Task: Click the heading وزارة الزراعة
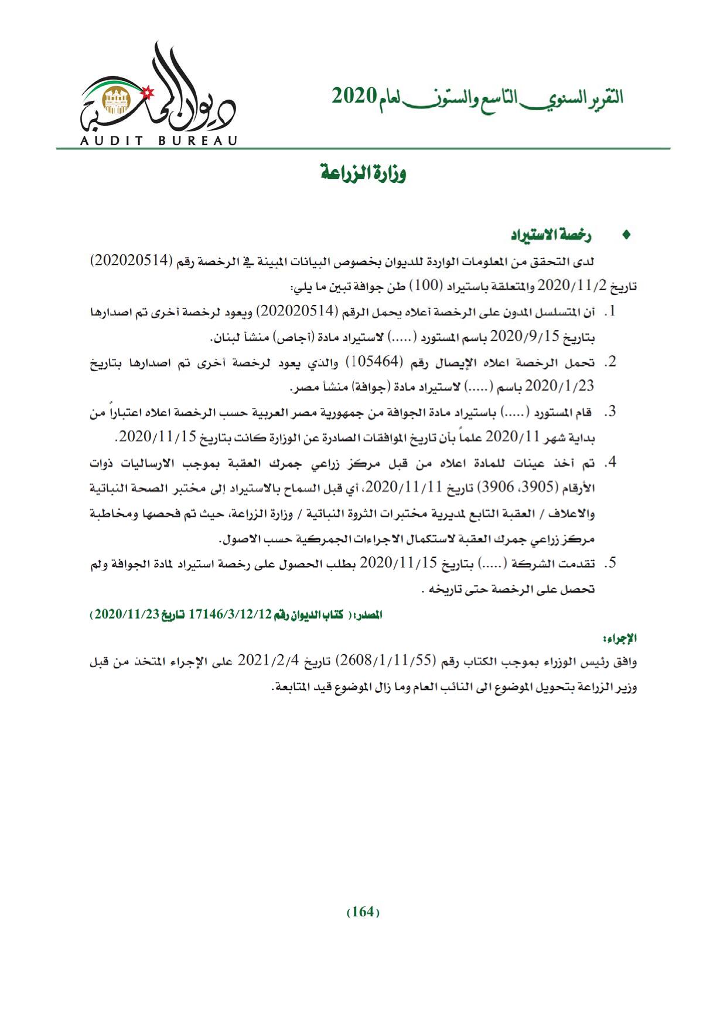click(363, 174)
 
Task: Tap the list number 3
click(610, 412)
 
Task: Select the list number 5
click(610, 563)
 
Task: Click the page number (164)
click(363, 912)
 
